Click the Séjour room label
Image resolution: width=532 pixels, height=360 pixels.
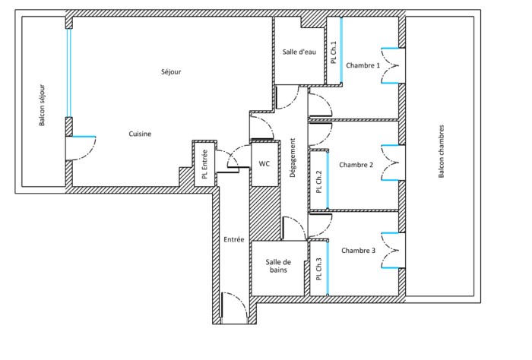[x=171, y=72]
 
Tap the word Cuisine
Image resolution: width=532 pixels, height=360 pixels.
[x=139, y=134]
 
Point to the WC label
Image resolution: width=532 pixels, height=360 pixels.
[x=264, y=163]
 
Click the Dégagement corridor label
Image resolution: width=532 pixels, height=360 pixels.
[x=293, y=158]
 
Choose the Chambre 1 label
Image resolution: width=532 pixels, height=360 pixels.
[x=363, y=66]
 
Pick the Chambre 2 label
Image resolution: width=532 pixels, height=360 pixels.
[x=356, y=165]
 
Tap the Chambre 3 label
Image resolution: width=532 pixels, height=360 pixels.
[x=359, y=250]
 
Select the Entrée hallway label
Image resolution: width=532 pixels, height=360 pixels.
[x=233, y=239]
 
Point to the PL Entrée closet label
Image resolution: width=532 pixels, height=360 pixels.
[x=204, y=162]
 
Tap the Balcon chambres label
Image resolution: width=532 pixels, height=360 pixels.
[x=441, y=152]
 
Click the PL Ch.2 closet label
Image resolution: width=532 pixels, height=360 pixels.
[x=319, y=182]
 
